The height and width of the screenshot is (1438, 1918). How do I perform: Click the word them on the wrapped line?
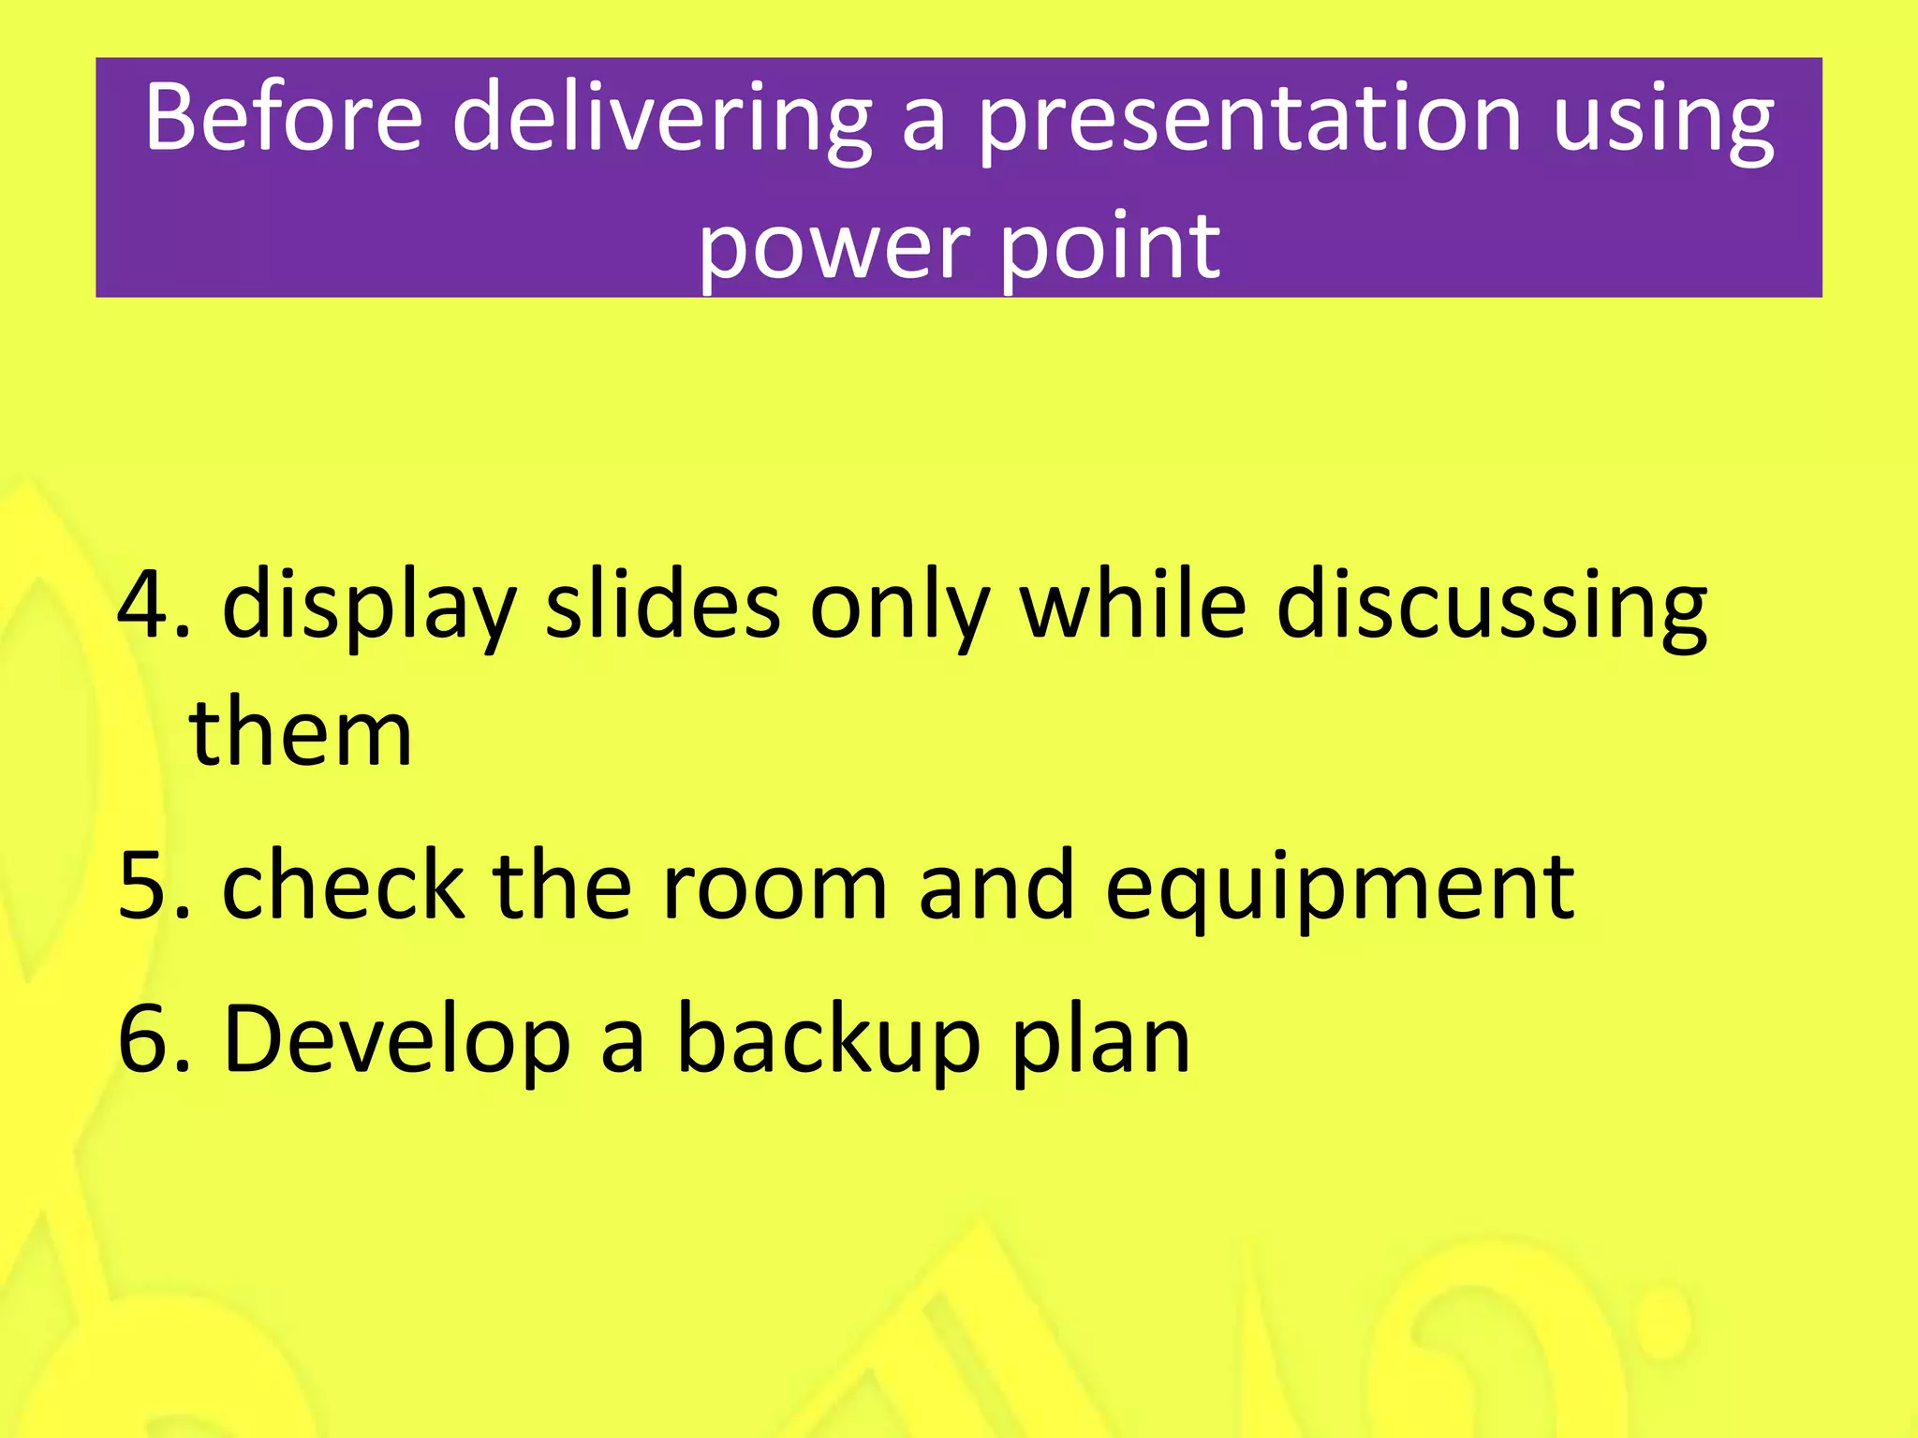click(301, 732)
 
